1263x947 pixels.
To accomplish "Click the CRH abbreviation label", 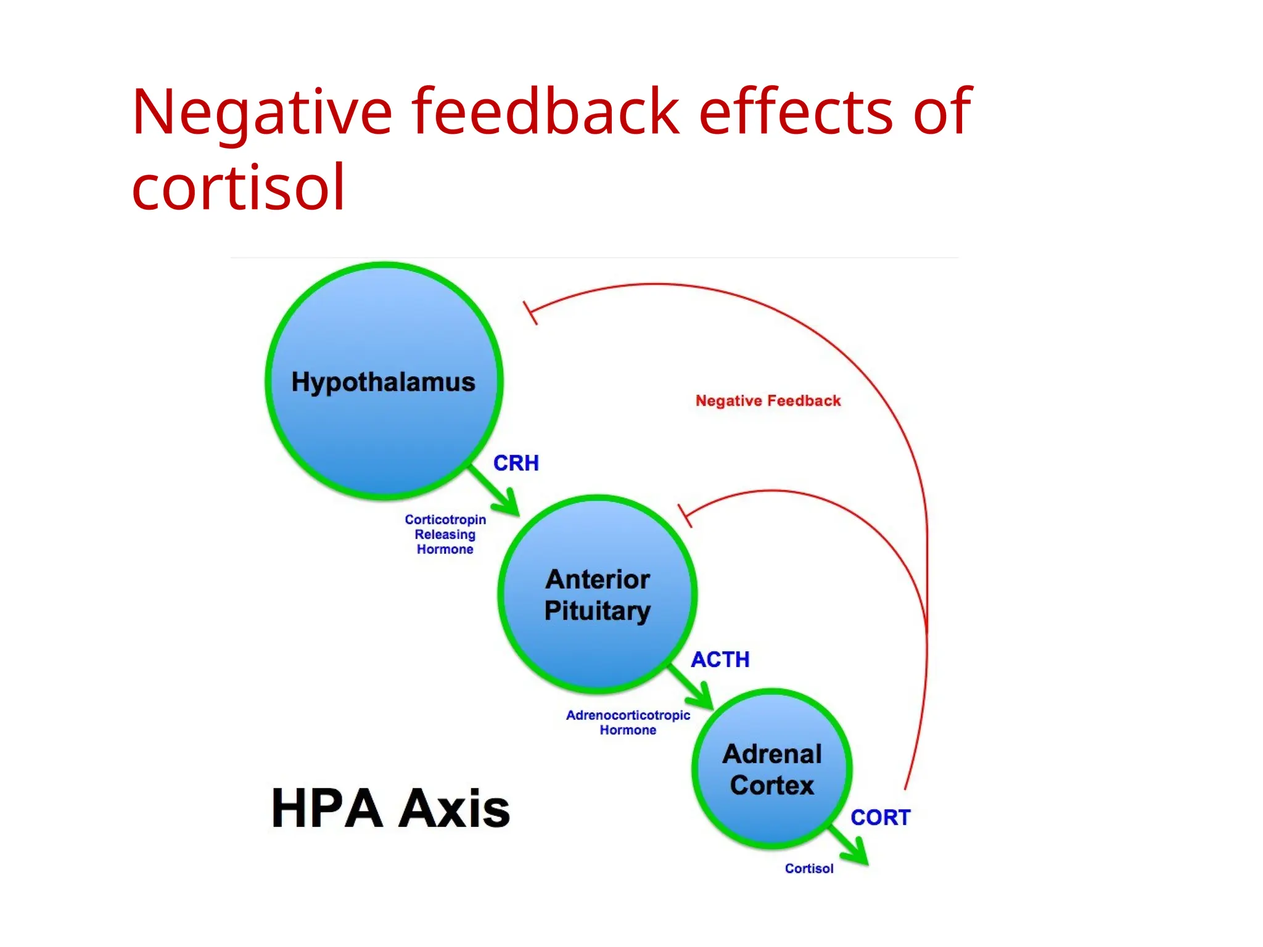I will click(x=516, y=463).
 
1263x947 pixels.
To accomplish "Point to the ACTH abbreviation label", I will click(x=720, y=660).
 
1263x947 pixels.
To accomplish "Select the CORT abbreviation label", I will click(x=880, y=818).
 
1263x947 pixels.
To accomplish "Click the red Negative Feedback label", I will click(x=768, y=401).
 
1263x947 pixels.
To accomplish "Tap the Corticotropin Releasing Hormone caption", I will click(x=445, y=535).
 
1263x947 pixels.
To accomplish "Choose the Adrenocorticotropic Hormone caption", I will click(x=628, y=723).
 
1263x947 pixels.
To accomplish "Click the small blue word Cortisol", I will click(x=808, y=868).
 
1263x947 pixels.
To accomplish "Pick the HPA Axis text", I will click(x=390, y=808).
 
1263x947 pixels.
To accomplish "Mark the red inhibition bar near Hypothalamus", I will click(x=530, y=313).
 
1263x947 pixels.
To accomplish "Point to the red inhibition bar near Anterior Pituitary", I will click(x=685, y=515).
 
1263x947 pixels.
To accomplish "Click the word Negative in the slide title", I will click(x=261, y=112).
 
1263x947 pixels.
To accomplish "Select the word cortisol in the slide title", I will click(x=238, y=187).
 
